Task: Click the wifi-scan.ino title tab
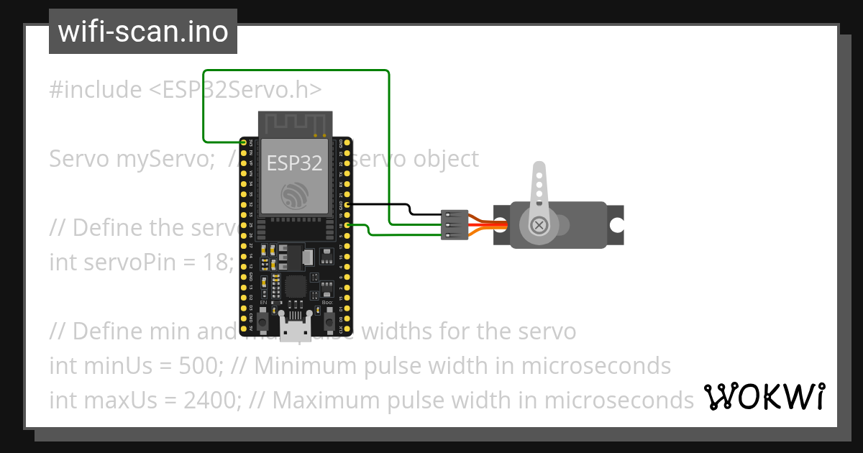point(143,32)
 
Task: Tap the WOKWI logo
point(764,396)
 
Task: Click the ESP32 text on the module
point(294,163)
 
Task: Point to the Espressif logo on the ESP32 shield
point(294,196)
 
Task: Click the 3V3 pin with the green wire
point(244,143)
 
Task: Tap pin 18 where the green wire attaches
point(347,226)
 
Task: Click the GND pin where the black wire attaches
point(347,205)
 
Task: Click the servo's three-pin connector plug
point(455,225)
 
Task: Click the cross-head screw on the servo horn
point(538,226)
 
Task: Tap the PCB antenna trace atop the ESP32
point(295,123)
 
